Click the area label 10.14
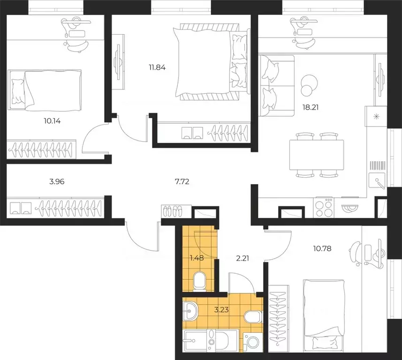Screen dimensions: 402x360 click(52, 121)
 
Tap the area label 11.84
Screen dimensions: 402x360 click(157, 67)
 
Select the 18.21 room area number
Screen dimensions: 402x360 click(311, 107)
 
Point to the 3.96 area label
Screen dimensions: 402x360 click(57, 182)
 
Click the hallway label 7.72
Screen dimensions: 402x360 click(182, 182)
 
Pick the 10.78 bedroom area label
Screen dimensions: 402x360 click(322, 248)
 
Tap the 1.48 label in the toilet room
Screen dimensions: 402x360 click(197, 258)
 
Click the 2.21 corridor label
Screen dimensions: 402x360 click(242, 259)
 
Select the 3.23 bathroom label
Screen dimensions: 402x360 click(221, 310)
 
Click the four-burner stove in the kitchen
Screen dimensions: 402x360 click(324, 207)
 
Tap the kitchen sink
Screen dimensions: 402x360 click(377, 180)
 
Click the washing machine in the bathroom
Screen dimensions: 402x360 click(253, 342)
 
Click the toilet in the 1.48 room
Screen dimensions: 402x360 click(199, 282)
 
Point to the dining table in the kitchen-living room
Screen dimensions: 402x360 click(316, 155)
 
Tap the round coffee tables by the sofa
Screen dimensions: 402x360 click(309, 85)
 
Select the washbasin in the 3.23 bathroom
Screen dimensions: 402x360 click(190, 311)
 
